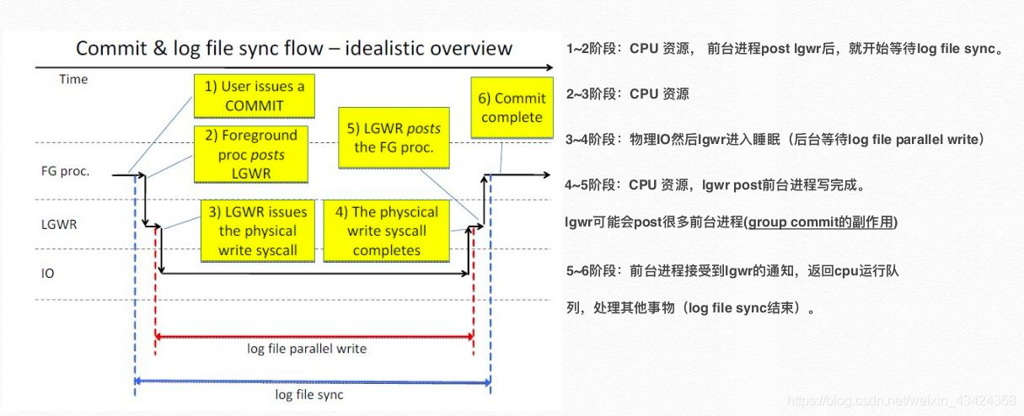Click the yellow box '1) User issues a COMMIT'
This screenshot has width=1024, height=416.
coord(254,96)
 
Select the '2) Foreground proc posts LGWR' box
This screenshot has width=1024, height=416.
coord(249,154)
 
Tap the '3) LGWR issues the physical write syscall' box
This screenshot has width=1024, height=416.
coord(258,231)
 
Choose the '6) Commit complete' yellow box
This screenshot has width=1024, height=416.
coord(512,108)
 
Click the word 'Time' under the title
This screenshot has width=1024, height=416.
coord(73,79)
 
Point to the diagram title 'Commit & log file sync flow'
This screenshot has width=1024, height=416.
coord(294,48)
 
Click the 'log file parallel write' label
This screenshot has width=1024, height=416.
coord(306,348)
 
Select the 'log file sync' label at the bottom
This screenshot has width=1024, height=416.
coord(310,394)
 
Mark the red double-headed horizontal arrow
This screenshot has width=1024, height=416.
coord(314,336)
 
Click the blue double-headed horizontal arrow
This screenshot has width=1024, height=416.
coord(312,381)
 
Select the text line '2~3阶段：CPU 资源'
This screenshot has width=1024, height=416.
coord(628,93)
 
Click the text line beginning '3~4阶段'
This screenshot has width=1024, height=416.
coord(775,139)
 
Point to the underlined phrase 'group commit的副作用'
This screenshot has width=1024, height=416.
coord(821,222)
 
